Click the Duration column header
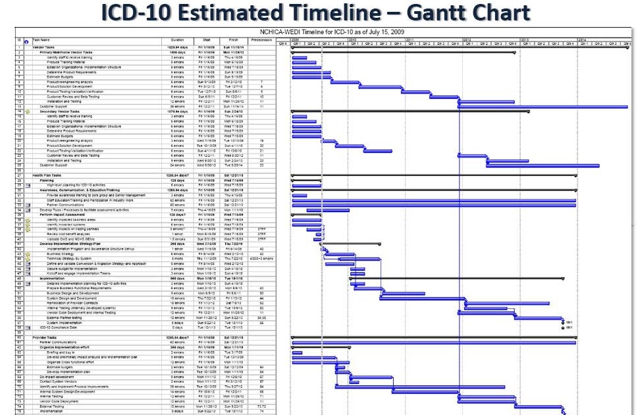coord(177,40)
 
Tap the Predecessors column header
coord(261,40)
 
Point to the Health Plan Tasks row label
coord(48,175)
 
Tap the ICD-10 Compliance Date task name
coord(59,327)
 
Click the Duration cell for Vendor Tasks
coord(177,47)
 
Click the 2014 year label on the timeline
coord(582,40)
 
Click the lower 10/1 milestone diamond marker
coord(562,327)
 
